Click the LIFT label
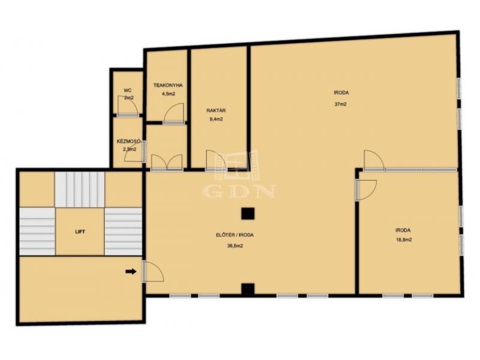pyautogui.click(x=80, y=232)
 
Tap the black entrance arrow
pyautogui.click(x=131, y=271)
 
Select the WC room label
pyautogui.click(x=128, y=91)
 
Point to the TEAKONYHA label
pyautogui.click(x=168, y=85)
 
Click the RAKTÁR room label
pyautogui.click(x=216, y=110)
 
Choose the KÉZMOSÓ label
pyautogui.click(x=128, y=142)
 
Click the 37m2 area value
pyautogui.click(x=340, y=104)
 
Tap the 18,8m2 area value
pyautogui.click(x=404, y=240)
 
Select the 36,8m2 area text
pyautogui.click(x=235, y=245)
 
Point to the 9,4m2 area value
pyautogui.click(x=216, y=119)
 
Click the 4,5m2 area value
pyautogui.click(x=169, y=94)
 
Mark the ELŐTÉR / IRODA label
pyautogui.click(x=235, y=235)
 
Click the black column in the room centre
pyautogui.click(x=248, y=214)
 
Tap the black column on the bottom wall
pyautogui.click(x=248, y=289)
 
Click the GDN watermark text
pyautogui.click(x=239, y=191)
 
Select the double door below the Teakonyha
pyautogui.click(x=167, y=162)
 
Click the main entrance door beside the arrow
pyautogui.click(x=153, y=272)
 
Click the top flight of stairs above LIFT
pyautogui.click(x=80, y=190)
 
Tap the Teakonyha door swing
pyautogui.click(x=174, y=113)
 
